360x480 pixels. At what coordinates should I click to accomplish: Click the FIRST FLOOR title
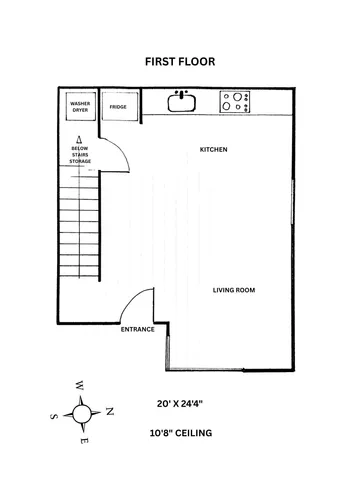[x=180, y=61]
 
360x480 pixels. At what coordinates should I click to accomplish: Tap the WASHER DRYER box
[x=79, y=106]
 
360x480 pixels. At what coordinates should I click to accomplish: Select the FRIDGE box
[x=118, y=106]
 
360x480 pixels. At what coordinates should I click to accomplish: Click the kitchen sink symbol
[x=181, y=101]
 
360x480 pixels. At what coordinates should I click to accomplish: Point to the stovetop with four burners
[x=236, y=102]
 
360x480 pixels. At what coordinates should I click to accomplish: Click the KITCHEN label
[x=214, y=150]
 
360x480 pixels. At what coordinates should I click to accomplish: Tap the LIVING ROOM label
[x=235, y=291]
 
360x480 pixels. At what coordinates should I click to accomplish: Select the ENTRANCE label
[x=137, y=329]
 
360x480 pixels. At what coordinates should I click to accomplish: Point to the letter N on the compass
[x=110, y=411]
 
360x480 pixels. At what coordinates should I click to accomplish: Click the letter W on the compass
[x=78, y=385]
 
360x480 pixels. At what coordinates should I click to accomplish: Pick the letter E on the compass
[x=84, y=441]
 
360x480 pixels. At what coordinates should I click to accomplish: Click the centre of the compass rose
[x=82, y=412]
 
